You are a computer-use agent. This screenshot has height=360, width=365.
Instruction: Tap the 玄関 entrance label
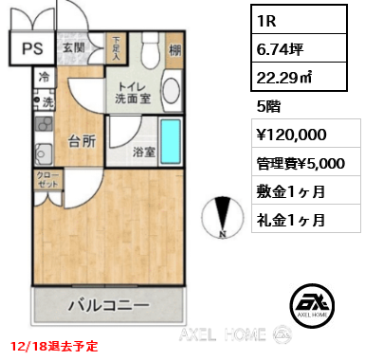pos(74,46)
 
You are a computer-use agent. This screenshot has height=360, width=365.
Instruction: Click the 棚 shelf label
pos(176,52)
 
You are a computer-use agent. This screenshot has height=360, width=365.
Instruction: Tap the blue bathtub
pos(172,144)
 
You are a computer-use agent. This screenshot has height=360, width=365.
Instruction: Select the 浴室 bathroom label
pos(143,151)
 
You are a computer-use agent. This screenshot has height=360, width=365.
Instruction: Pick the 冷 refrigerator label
pos(44,79)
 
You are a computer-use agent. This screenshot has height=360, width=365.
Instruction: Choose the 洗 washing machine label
pos(46,101)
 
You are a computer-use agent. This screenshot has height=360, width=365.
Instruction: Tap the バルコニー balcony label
pos(108,306)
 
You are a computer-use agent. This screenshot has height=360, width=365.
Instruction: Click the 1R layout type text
pos(266,19)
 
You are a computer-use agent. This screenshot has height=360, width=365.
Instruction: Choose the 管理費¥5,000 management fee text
pos(305,164)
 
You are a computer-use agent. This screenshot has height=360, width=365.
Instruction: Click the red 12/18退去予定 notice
pos(55,347)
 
